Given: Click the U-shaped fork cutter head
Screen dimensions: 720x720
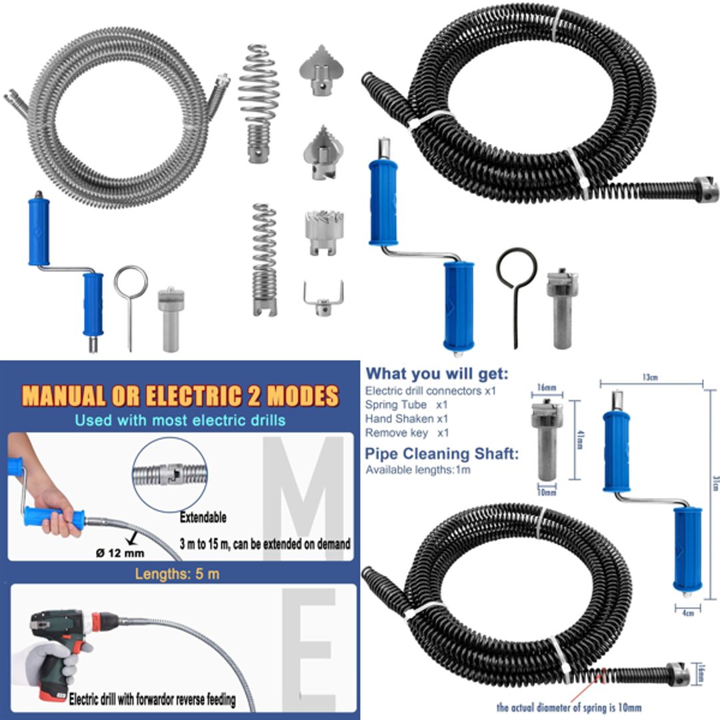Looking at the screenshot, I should [323, 297].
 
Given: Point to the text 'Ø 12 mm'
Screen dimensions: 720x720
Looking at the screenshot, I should [119, 553].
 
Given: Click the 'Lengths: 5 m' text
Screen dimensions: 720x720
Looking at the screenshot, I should [177, 574].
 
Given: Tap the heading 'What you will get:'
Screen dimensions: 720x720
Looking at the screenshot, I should [437, 373].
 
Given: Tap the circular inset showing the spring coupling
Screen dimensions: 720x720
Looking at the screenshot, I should [170, 475].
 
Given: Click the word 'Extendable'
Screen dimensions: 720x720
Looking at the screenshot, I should [203, 517].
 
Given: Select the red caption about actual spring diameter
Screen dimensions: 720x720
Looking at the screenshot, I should [569, 707].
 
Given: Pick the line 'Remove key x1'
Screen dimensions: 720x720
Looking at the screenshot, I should [407, 433].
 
